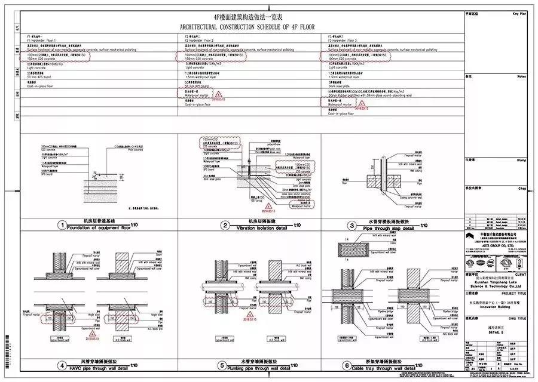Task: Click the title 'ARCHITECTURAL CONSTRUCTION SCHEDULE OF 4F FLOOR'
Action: [251, 27]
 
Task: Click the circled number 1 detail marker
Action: [61, 226]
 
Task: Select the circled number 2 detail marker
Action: [226, 226]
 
